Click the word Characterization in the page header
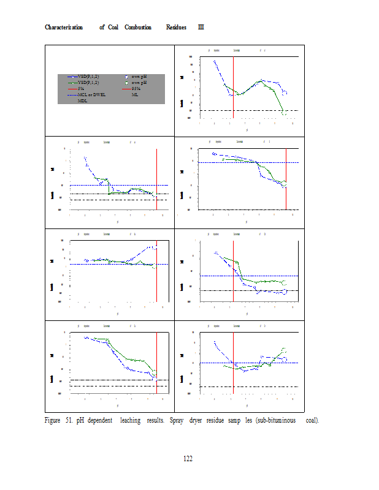(x=64, y=28)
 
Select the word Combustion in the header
(x=138, y=28)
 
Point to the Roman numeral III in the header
(x=201, y=28)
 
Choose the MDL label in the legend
(x=82, y=100)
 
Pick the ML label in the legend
(x=135, y=95)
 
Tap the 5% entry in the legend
(x=80, y=89)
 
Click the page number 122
(x=188, y=459)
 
